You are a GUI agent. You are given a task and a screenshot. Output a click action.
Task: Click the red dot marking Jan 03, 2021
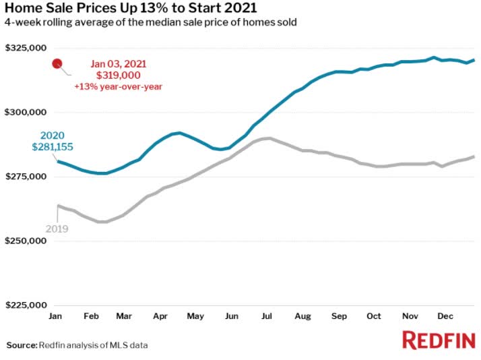pyautogui.click(x=57, y=64)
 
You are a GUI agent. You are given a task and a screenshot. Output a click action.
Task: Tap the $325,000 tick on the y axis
pyautogui.click(x=26, y=48)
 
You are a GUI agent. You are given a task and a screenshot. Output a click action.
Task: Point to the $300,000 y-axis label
pyautogui.click(x=26, y=112)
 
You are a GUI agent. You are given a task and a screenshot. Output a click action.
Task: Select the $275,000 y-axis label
pyautogui.click(x=26, y=177)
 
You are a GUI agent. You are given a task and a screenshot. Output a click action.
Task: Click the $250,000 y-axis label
pyautogui.click(x=26, y=241)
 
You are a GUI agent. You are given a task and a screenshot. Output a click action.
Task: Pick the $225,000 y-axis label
pyautogui.click(x=26, y=305)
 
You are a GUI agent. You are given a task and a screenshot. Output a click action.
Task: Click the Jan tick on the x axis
pyautogui.click(x=56, y=316)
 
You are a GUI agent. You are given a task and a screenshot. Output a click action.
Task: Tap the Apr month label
pyautogui.click(x=160, y=316)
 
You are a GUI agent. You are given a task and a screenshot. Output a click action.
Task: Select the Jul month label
pyautogui.click(x=267, y=316)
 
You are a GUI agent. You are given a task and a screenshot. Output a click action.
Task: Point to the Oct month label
pyautogui.click(x=373, y=316)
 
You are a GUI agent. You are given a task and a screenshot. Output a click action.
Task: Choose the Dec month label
pyautogui.click(x=444, y=316)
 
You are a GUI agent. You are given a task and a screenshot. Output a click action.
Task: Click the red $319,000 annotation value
pyautogui.click(x=119, y=75)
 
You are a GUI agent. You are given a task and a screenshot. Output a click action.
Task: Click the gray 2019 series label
pyautogui.click(x=57, y=229)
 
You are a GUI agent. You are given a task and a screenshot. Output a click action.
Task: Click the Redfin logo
pyautogui.click(x=439, y=340)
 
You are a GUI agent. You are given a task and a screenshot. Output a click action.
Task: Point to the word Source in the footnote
pyautogui.click(x=22, y=345)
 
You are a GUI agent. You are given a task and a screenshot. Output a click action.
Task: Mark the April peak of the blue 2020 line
pyautogui.click(x=177, y=133)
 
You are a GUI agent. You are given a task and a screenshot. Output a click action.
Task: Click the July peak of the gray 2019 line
pyautogui.click(x=267, y=138)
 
